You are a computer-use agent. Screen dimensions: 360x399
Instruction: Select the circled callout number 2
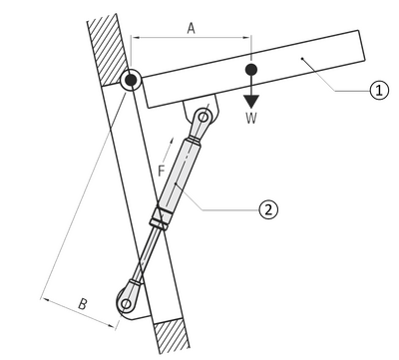[266, 209]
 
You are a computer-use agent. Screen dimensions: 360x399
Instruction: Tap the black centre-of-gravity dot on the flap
[252, 71]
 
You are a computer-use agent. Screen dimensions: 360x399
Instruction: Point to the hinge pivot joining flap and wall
[131, 79]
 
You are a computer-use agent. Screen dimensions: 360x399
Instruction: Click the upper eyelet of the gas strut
[205, 120]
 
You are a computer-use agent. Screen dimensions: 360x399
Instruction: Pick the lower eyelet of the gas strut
[127, 302]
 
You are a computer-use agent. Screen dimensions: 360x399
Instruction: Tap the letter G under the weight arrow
[252, 118]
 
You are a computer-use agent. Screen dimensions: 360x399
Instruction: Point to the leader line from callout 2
[229, 206]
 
